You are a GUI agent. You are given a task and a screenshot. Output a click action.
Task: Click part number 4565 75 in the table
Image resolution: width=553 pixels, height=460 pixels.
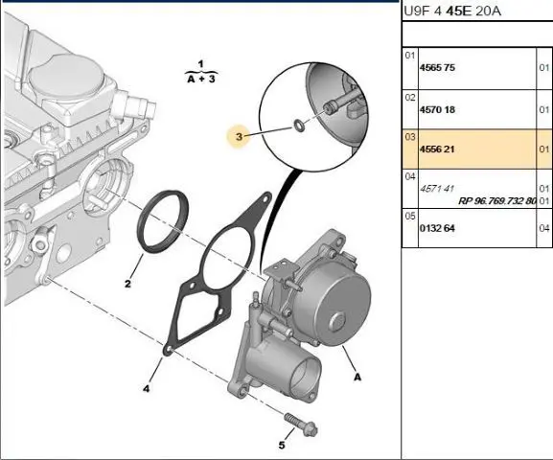[437, 67]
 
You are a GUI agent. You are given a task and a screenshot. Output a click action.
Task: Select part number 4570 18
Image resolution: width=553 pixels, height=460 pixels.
[437, 109]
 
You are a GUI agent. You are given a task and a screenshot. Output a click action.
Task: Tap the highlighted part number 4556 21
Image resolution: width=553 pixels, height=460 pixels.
[437, 149]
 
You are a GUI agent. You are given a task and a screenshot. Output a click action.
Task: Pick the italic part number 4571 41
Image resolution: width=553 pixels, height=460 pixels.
[437, 189]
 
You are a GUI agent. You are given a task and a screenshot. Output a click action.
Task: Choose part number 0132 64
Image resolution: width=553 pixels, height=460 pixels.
[437, 228]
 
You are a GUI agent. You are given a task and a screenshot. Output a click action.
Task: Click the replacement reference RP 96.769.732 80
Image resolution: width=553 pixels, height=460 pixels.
[497, 201]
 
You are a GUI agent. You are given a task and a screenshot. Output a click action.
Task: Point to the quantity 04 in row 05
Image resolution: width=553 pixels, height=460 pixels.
[544, 228]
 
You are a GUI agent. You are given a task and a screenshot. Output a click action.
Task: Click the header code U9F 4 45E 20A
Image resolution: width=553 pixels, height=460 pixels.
[452, 11]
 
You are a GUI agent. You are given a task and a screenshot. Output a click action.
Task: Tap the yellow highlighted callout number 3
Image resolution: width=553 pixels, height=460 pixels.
[239, 136]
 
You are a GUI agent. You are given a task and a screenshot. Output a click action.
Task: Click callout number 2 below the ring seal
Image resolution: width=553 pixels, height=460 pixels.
[127, 284]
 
